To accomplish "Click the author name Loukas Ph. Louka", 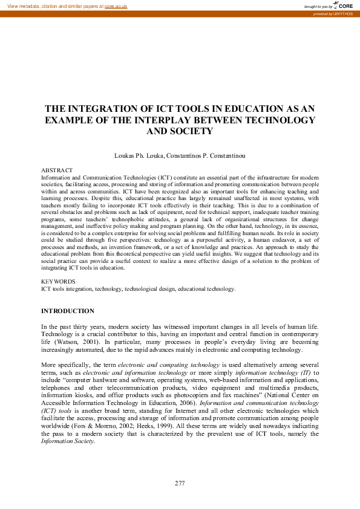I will (139, 156).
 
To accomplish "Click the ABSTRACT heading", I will (57, 171).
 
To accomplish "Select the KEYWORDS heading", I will (58, 282).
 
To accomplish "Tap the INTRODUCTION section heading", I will (67, 311).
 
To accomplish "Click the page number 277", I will (180, 482).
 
